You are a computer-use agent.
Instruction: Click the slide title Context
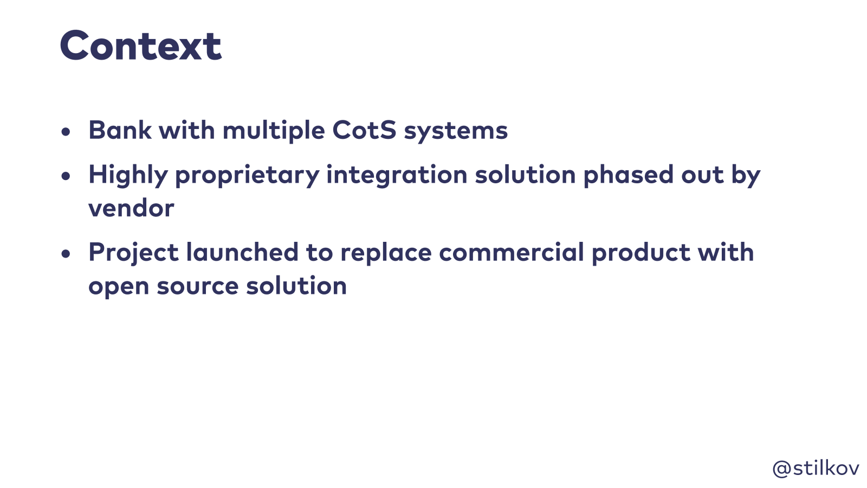point(141,46)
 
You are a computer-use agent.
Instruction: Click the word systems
point(456,132)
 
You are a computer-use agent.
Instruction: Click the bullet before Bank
point(66,132)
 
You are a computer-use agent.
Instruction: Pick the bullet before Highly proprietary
point(66,176)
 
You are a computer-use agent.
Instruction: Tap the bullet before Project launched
point(66,254)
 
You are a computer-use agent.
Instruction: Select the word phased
point(629,174)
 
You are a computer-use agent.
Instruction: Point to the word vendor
point(131,208)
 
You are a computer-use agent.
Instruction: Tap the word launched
point(242,252)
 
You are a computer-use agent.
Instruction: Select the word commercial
point(512,252)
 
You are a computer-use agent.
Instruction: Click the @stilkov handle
point(816,469)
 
